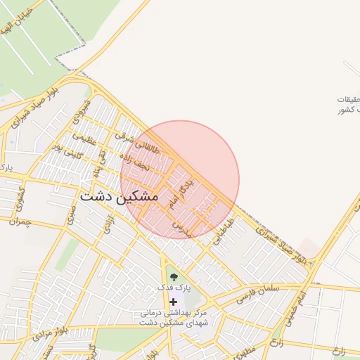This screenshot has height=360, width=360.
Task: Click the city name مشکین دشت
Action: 119,197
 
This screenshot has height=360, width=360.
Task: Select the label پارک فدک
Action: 173,288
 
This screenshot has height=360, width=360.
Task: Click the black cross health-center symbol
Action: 173,301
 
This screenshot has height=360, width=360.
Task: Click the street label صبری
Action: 71,215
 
